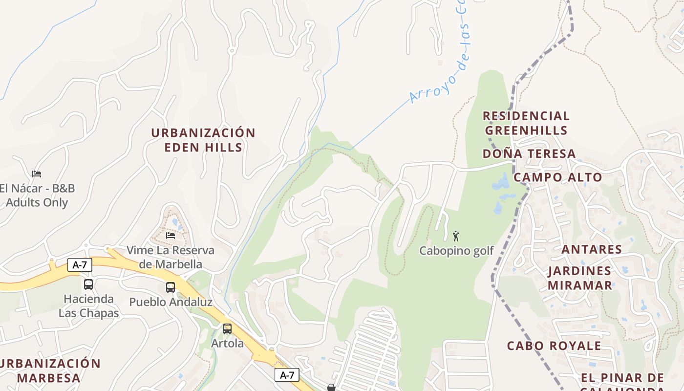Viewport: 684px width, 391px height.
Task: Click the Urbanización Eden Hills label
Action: pyautogui.click(x=203, y=140)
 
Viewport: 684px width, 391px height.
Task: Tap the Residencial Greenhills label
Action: pyautogui.click(x=526, y=123)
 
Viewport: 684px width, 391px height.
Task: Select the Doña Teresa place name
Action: pyautogui.click(x=529, y=154)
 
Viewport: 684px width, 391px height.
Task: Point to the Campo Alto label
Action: pyautogui.click(x=557, y=177)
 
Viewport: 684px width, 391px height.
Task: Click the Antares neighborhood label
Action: pyautogui.click(x=592, y=250)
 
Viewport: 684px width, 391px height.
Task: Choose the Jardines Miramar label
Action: pyautogui.click(x=579, y=278)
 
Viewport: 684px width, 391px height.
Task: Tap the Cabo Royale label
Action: pyautogui.click(x=554, y=346)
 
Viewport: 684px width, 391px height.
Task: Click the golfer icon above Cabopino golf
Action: pyautogui.click(x=456, y=236)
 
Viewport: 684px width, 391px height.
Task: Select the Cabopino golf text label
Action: pyautogui.click(x=456, y=251)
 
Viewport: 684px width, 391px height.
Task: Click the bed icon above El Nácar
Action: pyautogui.click(x=37, y=174)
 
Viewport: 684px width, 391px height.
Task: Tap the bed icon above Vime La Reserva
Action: pyautogui.click(x=170, y=235)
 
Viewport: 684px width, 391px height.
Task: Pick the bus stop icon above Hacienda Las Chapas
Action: pyautogui.click(x=88, y=284)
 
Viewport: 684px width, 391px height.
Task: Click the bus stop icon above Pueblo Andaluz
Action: pyautogui.click(x=170, y=287)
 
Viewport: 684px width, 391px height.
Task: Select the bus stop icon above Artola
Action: pyautogui.click(x=227, y=329)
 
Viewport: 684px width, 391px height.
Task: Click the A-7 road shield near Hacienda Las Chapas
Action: pyautogui.click(x=80, y=265)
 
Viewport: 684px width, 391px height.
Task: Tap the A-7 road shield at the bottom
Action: pyautogui.click(x=287, y=375)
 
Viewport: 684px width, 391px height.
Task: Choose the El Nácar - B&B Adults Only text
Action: pyautogui.click(x=37, y=195)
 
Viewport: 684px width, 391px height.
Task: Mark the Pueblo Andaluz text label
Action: pyautogui.click(x=171, y=302)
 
